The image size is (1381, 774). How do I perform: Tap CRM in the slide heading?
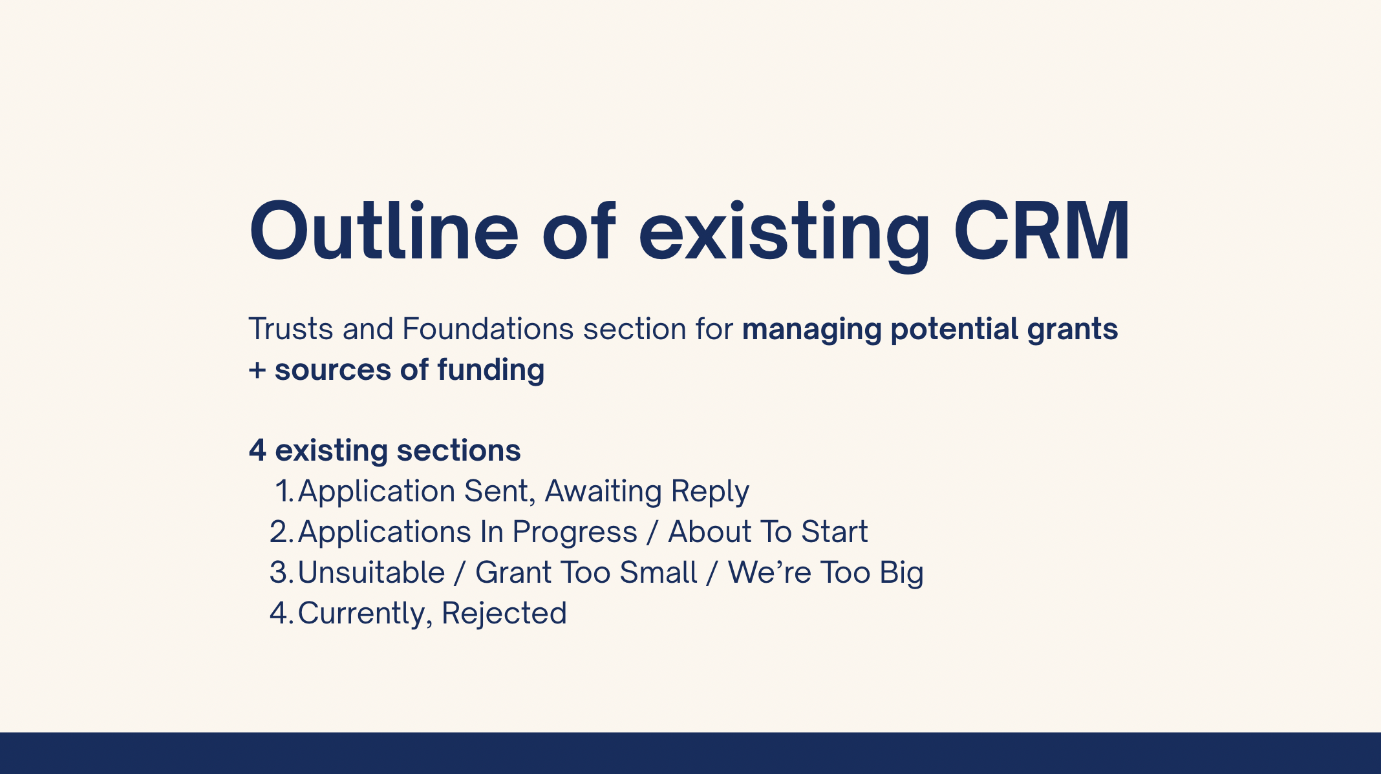(1042, 231)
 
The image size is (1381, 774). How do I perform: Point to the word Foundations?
(488, 329)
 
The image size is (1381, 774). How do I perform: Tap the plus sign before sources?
(257, 371)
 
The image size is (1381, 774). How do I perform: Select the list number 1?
(285, 491)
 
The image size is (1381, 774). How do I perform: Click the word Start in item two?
(835, 532)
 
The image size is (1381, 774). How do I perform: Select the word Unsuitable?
(372, 572)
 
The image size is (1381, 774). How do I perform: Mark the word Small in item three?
(658, 572)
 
